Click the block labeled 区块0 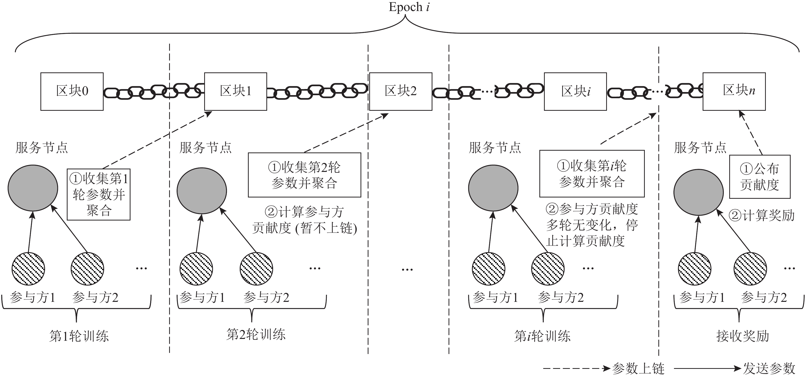point(72,91)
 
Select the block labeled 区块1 point(236,91)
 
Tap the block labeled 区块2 point(400,91)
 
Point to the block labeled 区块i point(575,91)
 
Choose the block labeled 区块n point(734,91)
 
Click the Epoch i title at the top point(409,7)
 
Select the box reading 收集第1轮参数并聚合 point(99,195)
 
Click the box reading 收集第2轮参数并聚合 point(304,175)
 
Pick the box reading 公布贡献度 point(760,177)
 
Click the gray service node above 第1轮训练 point(33,188)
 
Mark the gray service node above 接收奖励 point(698,192)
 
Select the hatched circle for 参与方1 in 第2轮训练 point(196,269)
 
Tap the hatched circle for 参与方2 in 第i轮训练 point(548,269)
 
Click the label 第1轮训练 point(79,336)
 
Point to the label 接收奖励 point(743,336)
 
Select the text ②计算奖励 point(761,215)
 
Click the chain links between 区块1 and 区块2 point(318,91)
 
